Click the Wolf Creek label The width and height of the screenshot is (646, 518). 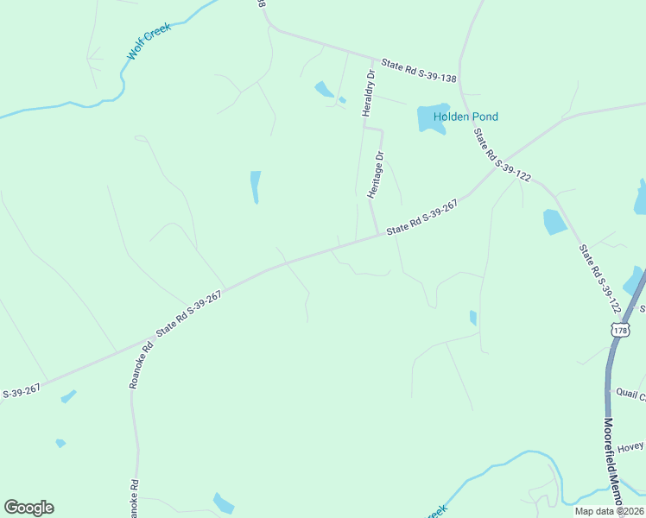coord(149,41)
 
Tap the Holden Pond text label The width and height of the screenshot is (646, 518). coord(466,117)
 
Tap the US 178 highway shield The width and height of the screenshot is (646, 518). coord(619,330)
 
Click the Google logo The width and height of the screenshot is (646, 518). coord(28,508)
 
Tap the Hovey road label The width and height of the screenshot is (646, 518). coord(630,446)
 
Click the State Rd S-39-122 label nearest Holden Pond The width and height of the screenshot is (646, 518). coord(502,155)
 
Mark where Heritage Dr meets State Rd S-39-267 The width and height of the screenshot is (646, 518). coord(378,235)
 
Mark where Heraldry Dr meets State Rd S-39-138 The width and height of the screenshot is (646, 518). coord(372,60)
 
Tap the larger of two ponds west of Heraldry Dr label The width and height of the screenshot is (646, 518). coord(323,89)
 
